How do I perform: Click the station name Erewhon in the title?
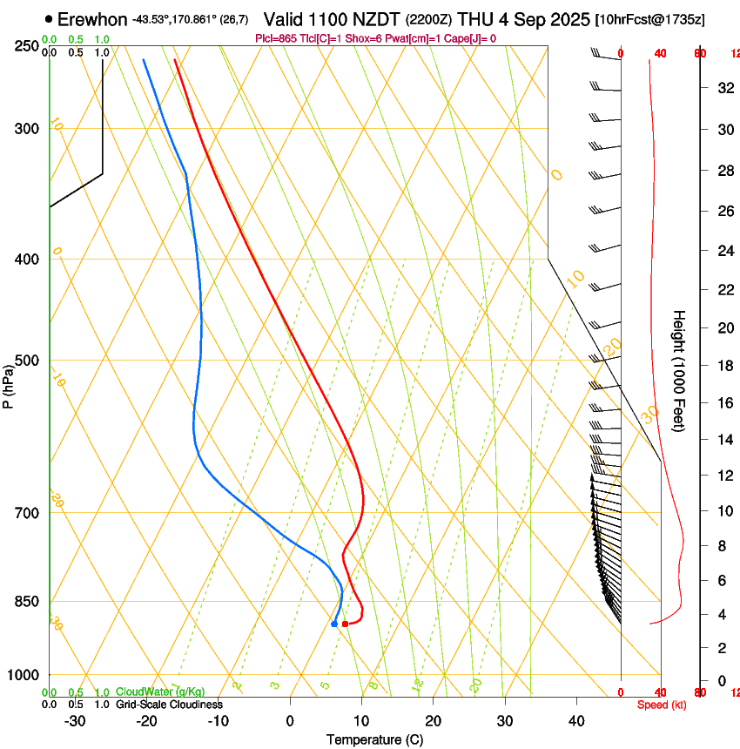click(x=92, y=19)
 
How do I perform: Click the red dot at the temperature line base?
click(x=346, y=624)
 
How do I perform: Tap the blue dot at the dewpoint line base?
click(x=334, y=624)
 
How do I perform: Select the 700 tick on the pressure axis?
click(x=27, y=513)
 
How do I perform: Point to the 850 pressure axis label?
click(x=27, y=602)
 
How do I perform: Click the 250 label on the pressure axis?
click(x=27, y=46)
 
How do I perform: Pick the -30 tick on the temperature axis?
click(x=75, y=721)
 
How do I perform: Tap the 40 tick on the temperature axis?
click(x=575, y=721)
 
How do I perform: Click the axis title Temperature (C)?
click(x=374, y=739)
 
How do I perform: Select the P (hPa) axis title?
click(x=8, y=384)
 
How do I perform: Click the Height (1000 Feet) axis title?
click(x=679, y=369)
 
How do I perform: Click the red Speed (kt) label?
click(x=661, y=705)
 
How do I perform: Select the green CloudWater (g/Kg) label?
click(x=160, y=692)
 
